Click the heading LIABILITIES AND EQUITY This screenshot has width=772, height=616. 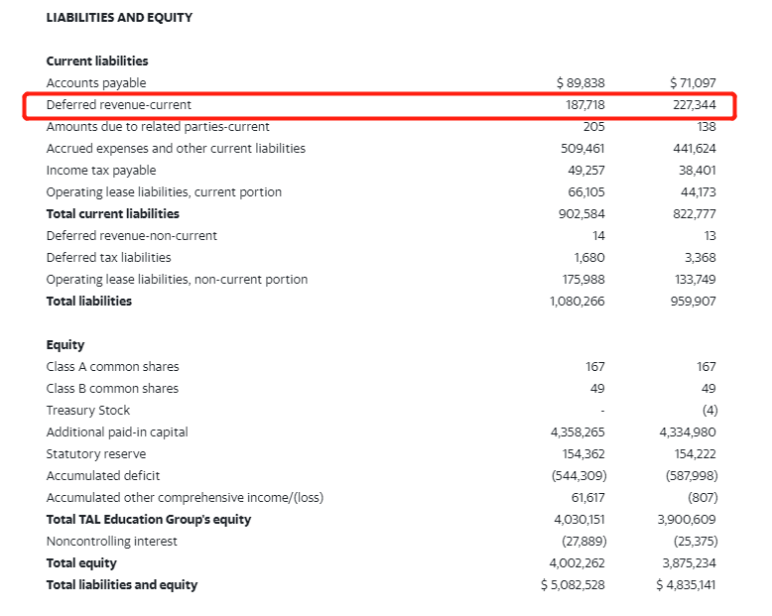point(119,18)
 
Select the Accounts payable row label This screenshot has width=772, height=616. point(96,83)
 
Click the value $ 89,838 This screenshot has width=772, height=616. point(580,83)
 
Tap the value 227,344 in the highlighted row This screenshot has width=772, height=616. point(694,105)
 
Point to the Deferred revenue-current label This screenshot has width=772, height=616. point(119,105)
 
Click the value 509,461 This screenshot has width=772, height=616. point(582,149)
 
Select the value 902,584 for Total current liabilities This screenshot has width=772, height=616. point(582,214)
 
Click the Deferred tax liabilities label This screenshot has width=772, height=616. point(108,258)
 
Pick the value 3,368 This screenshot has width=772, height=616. point(700,258)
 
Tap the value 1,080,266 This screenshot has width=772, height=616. point(577,302)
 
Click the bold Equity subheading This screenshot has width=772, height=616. point(65,345)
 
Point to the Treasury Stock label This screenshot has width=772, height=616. point(88,411)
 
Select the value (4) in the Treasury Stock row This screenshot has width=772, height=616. point(708,411)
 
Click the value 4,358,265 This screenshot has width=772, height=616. point(577,432)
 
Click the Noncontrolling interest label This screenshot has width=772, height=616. point(112,542)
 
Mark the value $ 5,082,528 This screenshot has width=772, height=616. point(573,585)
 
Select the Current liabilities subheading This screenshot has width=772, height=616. point(97,62)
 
